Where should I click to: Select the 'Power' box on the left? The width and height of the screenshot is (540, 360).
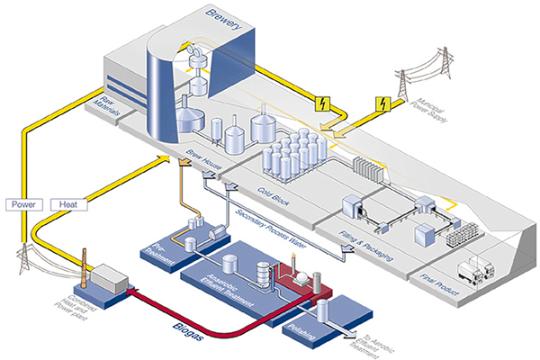22,204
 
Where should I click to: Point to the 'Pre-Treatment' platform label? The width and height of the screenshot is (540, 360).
160,248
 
